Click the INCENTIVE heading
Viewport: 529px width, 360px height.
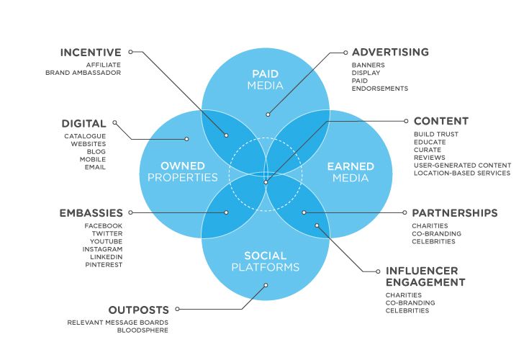pos(91,53)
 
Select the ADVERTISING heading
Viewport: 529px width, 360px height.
pos(390,53)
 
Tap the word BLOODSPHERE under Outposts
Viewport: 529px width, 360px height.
pos(148,330)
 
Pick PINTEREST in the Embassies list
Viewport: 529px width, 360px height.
pos(104,264)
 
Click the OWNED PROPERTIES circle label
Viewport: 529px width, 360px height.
pos(182,171)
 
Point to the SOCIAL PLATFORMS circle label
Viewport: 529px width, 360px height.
pos(265,261)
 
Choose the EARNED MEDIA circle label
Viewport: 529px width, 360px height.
pos(351,171)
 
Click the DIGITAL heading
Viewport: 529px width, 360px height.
pos(84,124)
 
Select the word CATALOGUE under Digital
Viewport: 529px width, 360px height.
pos(85,136)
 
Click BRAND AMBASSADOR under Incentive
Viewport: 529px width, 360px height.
pos(83,73)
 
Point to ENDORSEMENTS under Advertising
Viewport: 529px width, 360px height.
pos(380,89)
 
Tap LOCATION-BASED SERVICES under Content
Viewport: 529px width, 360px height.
pos(461,173)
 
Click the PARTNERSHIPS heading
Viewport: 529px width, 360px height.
pos(454,213)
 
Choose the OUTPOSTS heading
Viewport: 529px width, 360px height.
pos(139,310)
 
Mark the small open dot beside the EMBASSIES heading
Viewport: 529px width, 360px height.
pos(130,212)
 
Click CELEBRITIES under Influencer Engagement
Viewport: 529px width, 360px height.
pos(407,310)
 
